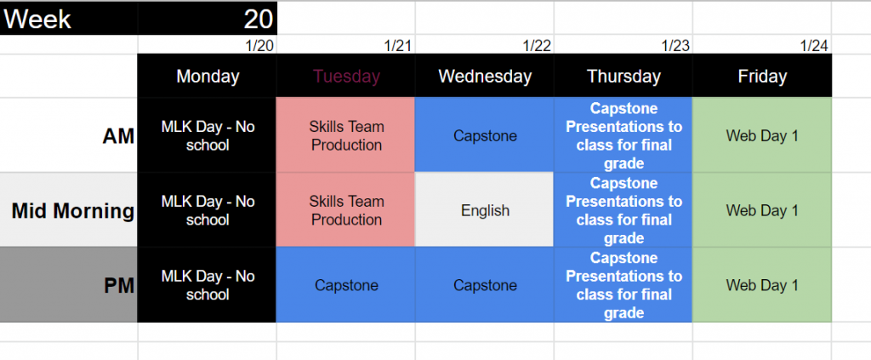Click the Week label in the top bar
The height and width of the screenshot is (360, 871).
(37, 20)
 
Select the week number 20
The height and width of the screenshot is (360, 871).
(259, 20)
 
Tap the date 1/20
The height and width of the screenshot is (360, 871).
(259, 46)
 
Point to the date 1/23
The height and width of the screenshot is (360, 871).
(675, 46)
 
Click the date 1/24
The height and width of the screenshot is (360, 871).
(814, 46)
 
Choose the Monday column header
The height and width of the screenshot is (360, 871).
(208, 76)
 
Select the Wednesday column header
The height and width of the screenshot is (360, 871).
(484, 76)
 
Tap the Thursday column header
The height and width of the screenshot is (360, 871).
(623, 76)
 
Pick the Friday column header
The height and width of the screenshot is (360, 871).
(762, 76)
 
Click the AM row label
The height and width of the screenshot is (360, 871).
(118, 137)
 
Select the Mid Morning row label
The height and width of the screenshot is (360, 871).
(73, 211)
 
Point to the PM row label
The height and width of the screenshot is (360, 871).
(119, 286)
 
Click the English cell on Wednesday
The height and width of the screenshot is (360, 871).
(484, 210)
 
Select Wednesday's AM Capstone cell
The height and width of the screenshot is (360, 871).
(484, 135)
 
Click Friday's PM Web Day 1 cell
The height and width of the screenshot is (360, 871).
(762, 285)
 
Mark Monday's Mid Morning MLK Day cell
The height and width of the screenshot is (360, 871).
(208, 210)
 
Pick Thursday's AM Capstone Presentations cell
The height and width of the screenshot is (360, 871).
(623, 135)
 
